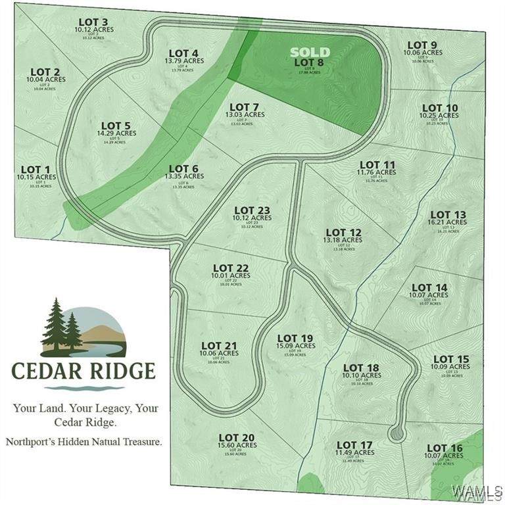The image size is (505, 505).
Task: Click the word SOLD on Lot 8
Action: tap(310, 51)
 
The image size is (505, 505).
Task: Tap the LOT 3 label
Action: tap(94, 22)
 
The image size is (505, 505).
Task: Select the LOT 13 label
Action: tap(448, 214)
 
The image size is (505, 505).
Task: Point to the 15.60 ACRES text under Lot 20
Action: tap(237, 445)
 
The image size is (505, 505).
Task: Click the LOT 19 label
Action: tap(295, 338)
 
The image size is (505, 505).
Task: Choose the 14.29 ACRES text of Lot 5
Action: tap(116, 133)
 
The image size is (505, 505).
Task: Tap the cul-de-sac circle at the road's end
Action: tap(396, 433)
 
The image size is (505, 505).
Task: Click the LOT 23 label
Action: tap(252, 210)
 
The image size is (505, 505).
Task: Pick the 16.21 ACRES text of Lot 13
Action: tap(447, 223)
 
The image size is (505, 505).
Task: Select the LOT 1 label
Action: tap(36, 170)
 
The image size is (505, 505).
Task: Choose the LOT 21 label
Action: tap(219, 345)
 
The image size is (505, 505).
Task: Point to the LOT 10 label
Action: tap(440, 108)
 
